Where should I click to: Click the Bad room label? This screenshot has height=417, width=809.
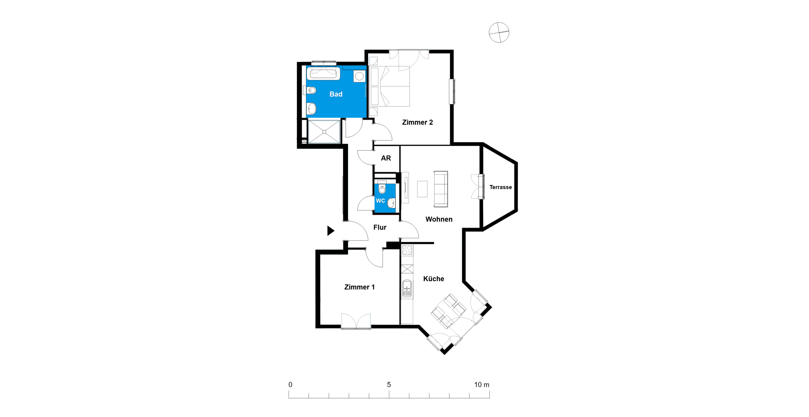click(x=336, y=94)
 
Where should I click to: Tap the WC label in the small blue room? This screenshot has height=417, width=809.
click(x=380, y=201)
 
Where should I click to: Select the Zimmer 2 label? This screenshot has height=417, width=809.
click(x=417, y=122)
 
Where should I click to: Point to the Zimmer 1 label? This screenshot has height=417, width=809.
click(x=359, y=287)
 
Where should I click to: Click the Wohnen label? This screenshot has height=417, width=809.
click(x=439, y=219)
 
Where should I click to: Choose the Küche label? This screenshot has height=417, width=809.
click(x=434, y=279)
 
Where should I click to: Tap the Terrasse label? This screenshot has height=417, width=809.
click(x=500, y=187)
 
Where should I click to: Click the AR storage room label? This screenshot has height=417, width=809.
click(x=386, y=158)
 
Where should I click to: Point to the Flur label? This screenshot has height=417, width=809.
click(x=380, y=227)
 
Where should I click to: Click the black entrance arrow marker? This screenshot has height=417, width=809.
click(x=330, y=231)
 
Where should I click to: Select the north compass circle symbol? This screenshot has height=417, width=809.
click(x=499, y=32)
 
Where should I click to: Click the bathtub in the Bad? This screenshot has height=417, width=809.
click(x=323, y=73)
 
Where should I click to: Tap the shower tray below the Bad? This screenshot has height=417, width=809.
click(x=324, y=132)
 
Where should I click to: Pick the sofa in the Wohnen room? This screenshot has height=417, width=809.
click(x=441, y=189)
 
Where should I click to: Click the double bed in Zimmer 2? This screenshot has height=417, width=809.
click(x=389, y=86)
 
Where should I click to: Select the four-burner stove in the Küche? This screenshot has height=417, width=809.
click(x=407, y=250)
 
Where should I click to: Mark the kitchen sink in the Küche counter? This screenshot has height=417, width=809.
click(x=407, y=289)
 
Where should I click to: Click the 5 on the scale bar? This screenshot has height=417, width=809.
click(x=389, y=384)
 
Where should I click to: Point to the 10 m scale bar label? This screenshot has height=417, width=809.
click(x=482, y=384)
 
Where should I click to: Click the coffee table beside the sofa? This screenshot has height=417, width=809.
click(x=422, y=189)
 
